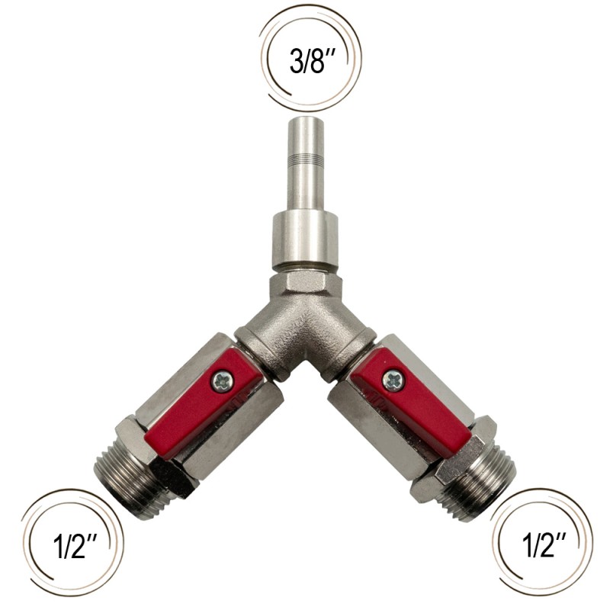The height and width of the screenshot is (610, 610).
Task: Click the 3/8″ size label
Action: click(313, 61)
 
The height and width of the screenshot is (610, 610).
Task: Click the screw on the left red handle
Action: click(223, 380)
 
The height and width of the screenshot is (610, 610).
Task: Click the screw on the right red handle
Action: click(393, 380)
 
